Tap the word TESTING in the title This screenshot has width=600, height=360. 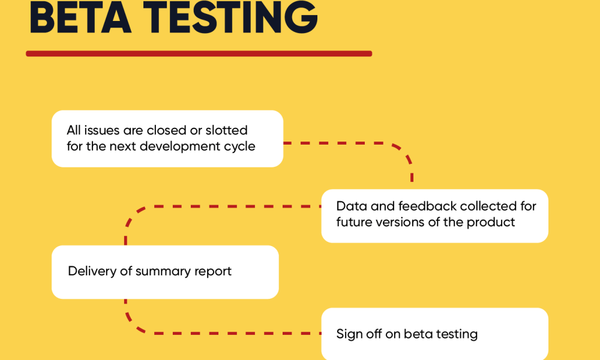coord(230,17)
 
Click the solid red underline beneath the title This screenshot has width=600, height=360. coord(199,53)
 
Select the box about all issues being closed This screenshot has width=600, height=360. coord(167,139)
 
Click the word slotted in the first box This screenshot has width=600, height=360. coord(227,130)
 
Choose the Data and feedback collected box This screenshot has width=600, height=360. coord(434,216)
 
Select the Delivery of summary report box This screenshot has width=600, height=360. coord(165,272)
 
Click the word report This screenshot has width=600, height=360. coord(213,272)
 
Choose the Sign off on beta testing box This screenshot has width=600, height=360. coord(434,334)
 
